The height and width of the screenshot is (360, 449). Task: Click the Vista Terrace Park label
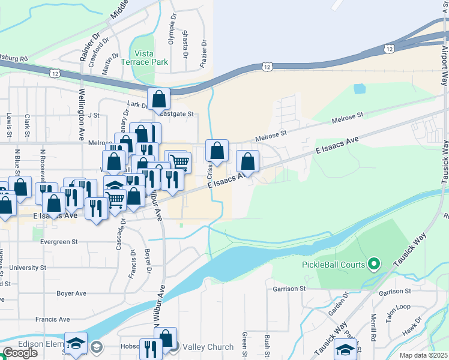point(144,58)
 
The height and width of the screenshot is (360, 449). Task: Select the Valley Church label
point(208,347)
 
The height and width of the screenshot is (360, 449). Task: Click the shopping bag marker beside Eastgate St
point(159,99)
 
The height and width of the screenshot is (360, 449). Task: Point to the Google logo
point(20,353)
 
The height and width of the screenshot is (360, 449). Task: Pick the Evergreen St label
point(59,242)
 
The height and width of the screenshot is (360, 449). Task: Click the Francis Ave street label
point(52,319)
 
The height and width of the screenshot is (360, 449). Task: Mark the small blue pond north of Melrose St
point(360,89)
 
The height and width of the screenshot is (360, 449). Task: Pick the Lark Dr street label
point(138,105)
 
